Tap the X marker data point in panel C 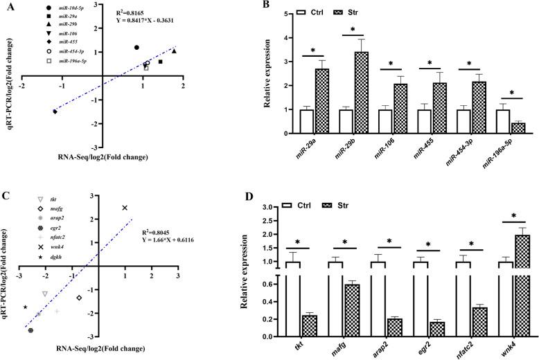(125, 208)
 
